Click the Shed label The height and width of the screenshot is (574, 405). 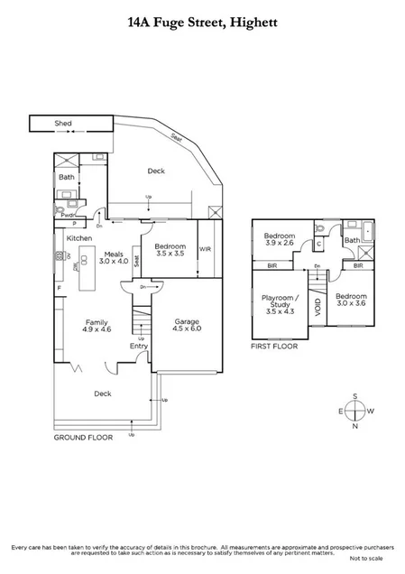click(62, 124)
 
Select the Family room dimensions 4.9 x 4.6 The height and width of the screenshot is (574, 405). click(97, 329)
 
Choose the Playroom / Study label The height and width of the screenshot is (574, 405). click(275, 302)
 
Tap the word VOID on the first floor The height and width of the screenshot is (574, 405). click(317, 308)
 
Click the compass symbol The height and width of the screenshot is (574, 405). click(357, 412)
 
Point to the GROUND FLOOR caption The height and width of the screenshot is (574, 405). click(82, 437)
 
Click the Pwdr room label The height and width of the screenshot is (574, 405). click(66, 215)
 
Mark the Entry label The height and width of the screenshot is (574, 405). click(138, 346)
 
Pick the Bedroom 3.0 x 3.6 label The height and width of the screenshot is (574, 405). click(351, 301)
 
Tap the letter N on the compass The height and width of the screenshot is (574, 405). click(357, 427)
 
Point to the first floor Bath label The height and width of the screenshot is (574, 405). click(351, 240)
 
